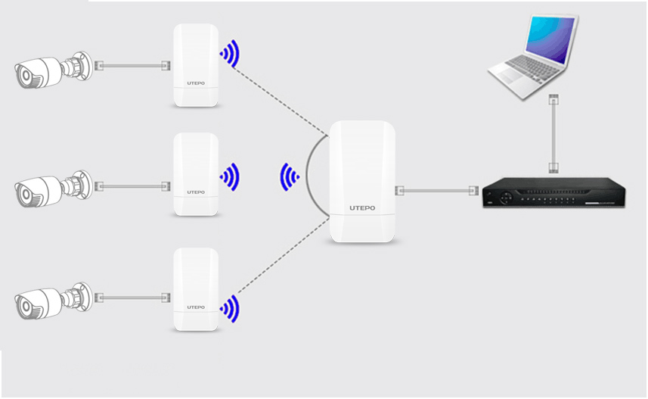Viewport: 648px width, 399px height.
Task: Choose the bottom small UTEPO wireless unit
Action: [196, 288]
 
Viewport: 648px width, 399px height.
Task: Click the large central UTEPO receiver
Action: [363, 182]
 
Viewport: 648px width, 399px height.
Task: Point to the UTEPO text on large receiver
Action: [363, 207]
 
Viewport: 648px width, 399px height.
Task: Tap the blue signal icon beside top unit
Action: [230, 54]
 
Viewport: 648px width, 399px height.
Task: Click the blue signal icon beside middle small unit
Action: [230, 176]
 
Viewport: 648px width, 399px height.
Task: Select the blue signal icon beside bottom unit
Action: [230, 307]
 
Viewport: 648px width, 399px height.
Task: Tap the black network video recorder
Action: [553, 194]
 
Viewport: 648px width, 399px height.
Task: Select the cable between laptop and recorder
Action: [553, 133]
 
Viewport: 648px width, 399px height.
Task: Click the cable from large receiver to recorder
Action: [439, 190]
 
